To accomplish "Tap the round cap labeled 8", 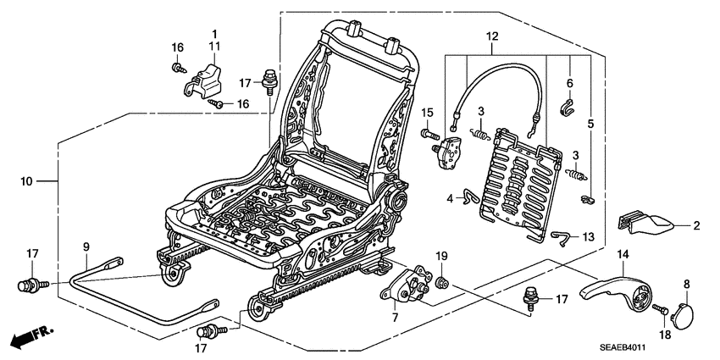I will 682,316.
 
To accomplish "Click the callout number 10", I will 27,180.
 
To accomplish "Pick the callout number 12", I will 492,36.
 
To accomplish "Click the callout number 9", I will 86,246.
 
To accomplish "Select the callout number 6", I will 569,83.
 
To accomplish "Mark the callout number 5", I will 590,123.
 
